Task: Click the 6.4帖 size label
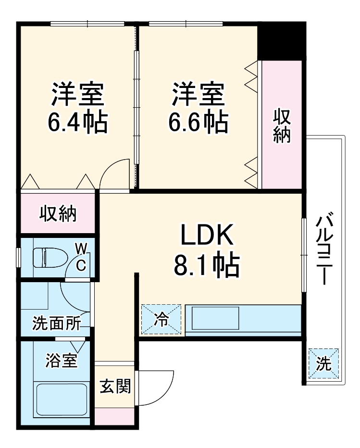pyautogui.click(x=77, y=123)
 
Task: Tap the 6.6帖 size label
pyautogui.click(x=198, y=123)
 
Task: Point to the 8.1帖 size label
pyautogui.click(x=207, y=265)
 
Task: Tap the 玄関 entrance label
pyautogui.click(x=115, y=386)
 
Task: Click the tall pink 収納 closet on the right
pyautogui.click(x=282, y=125)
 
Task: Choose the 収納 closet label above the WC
pyautogui.click(x=58, y=213)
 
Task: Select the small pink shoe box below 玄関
pyautogui.click(x=114, y=416)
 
